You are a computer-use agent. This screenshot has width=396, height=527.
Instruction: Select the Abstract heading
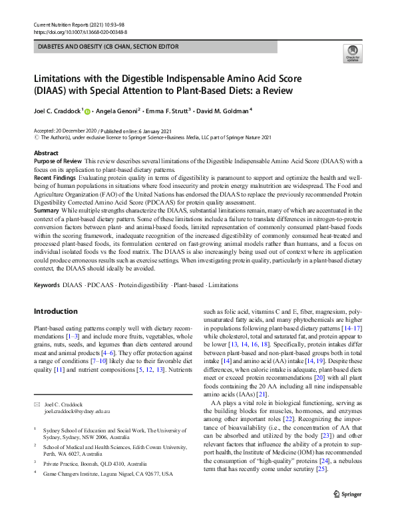(46, 153)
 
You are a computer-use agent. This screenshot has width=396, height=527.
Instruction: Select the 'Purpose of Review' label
(57, 162)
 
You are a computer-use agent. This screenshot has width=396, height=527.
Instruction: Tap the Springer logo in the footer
(346, 514)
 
